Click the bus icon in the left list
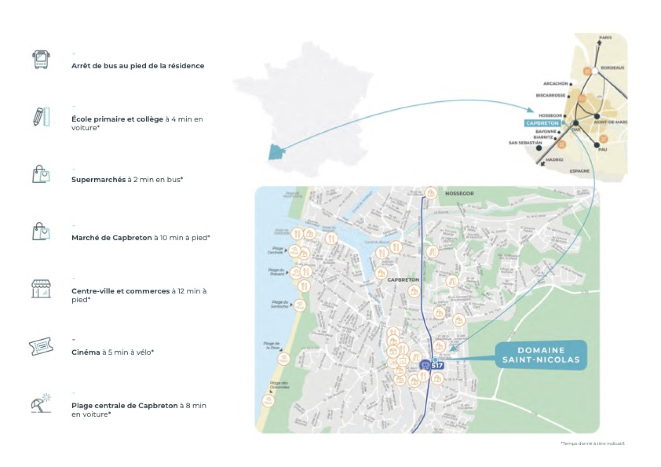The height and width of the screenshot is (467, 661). coord(41,60)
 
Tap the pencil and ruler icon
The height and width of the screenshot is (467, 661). coord(41,117)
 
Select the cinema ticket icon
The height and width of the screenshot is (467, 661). coord(41,346)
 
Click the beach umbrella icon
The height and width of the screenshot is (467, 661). coord(41,403)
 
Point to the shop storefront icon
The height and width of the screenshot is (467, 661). coord(41,288)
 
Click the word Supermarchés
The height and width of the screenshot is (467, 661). coord(98,180)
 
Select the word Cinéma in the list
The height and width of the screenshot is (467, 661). coord(86,352)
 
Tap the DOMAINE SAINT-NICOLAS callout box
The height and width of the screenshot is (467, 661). coord(541,355)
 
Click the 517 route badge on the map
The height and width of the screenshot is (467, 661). coord(437,365)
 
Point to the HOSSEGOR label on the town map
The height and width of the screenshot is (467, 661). coord(459,193)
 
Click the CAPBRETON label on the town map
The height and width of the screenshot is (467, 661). coord(403,280)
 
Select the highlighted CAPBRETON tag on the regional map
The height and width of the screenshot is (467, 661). coord(542,123)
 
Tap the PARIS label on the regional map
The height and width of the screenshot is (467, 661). coord(605,38)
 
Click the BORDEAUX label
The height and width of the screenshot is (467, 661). coord(613,68)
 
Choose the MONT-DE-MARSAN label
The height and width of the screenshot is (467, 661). coord(611,122)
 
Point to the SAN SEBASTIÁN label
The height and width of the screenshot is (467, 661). coord(525,143)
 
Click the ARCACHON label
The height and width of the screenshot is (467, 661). coord(555,83)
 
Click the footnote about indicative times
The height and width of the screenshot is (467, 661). coord(592,443)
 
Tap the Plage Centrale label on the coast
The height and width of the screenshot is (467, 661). coord(276,250)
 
